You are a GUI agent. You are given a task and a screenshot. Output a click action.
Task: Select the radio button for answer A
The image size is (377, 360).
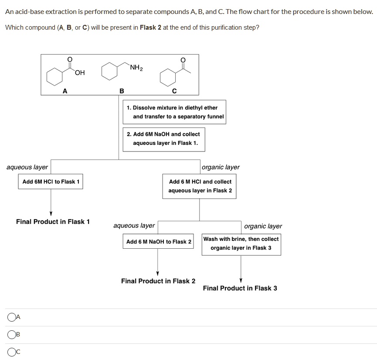tap(11, 317)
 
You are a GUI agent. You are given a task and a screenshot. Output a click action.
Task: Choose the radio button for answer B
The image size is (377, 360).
tap(11, 335)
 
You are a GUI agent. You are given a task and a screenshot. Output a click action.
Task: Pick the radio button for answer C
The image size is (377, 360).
tap(11, 352)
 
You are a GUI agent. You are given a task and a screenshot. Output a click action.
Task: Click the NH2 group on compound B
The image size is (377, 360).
tap(136, 68)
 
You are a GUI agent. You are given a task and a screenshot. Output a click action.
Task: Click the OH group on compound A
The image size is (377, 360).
tap(79, 72)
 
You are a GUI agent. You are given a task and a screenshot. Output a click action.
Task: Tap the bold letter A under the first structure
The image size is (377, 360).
tap(65, 91)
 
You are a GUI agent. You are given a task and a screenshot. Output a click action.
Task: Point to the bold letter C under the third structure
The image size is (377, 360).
tap(174, 91)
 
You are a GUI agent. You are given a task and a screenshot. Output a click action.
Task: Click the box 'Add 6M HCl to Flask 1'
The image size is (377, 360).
tap(51, 182)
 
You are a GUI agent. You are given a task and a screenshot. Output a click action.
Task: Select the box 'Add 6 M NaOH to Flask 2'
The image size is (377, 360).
tap(159, 242)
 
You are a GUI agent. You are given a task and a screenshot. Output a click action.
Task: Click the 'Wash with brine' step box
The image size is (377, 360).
tap(241, 243)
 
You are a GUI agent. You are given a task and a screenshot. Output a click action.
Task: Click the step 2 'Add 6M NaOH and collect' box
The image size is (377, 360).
tap(163, 139)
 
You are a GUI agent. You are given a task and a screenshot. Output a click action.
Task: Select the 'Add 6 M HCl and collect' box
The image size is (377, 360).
tap(200, 186)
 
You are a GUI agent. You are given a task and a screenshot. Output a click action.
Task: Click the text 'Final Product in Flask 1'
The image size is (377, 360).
tap(53, 222)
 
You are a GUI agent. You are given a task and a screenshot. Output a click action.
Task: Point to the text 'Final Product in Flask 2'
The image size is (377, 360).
tap(158, 281)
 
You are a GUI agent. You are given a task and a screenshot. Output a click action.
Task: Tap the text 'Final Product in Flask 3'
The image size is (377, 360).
tap(240, 288)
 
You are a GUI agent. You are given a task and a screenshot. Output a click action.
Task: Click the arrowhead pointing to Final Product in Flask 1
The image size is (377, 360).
tap(51, 213)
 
